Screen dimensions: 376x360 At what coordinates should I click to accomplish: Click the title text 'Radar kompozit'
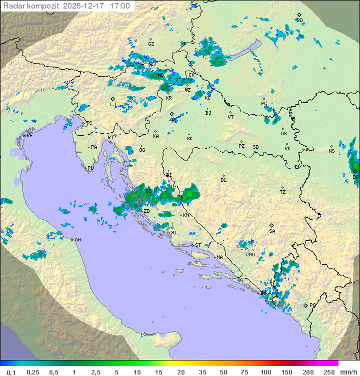(x=31, y=7)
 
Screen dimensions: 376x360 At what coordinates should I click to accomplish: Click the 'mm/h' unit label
(x=347, y=372)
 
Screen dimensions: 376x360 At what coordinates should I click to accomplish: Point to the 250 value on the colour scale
(x=329, y=372)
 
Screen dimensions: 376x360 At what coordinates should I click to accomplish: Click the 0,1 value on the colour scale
(x=11, y=372)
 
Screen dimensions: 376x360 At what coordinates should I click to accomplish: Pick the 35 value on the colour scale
(x=202, y=372)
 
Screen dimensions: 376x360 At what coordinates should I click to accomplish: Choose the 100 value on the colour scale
(x=265, y=372)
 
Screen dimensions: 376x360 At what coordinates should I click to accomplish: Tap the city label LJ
(x=113, y=104)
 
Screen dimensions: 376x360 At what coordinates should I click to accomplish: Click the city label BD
(x=299, y=21)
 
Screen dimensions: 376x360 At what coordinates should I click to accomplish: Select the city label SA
(x=272, y=231)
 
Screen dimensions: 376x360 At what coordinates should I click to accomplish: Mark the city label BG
(x=355, y=177)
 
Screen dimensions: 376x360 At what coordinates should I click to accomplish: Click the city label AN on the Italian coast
(x=77, y=240)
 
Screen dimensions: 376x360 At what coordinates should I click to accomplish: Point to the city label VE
(x=29, y=136)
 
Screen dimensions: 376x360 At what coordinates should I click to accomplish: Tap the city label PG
(x=312, y=305)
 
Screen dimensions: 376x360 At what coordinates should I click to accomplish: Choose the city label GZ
(x=151, y=44)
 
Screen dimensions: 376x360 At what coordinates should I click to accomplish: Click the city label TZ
(x=283, y=192)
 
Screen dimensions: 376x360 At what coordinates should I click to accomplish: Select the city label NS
(x=331, y=151)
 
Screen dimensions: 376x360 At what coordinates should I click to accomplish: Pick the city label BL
(x=223, y=180)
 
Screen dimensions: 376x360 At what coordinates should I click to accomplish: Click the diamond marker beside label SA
(x=272, y=225)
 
